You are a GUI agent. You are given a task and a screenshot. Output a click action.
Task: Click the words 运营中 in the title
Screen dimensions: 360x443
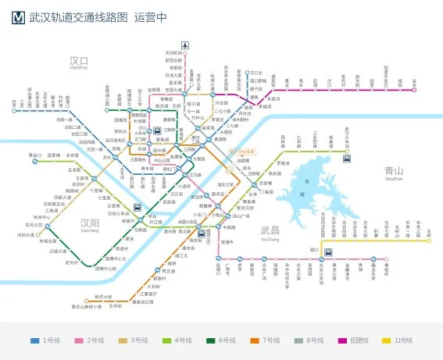pyautogui.click(x=152, y=16)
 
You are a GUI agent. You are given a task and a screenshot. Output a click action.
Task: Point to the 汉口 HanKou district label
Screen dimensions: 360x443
pyautogui.click(x=78, y=62)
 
